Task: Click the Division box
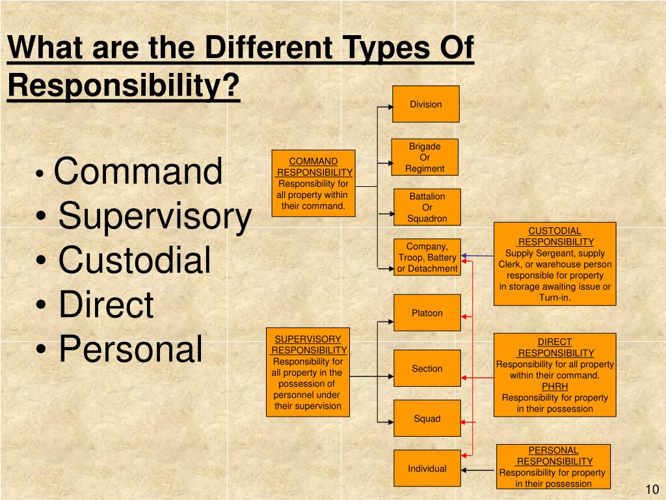425,104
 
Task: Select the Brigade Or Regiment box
425,157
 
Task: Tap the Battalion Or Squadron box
427,207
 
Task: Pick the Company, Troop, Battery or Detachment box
427,257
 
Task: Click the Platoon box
427,312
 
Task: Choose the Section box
427,368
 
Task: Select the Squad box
427,418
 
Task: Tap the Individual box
427,468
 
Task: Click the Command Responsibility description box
313,184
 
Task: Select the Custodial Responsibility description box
554,264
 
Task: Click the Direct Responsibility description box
554,375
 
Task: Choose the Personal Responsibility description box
553,466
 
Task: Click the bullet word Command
138,171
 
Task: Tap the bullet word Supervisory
154,216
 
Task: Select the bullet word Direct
106,305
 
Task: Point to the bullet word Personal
130,348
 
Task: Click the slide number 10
652,490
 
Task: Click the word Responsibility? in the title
124,86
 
